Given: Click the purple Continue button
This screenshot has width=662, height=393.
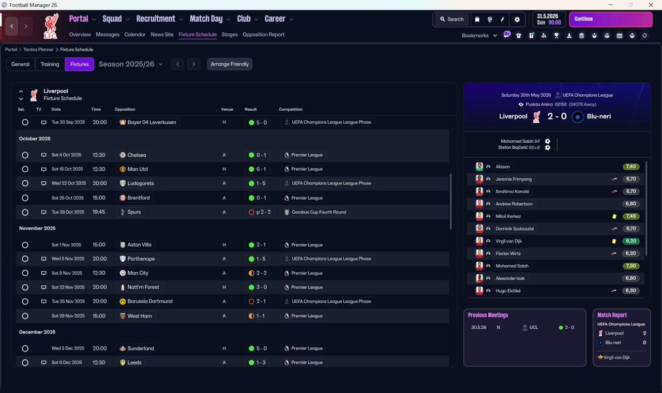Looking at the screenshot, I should click(610, 19).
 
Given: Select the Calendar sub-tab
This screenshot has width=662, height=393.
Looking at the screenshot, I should click(135, 35).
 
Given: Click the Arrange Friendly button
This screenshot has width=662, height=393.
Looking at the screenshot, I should click(230, 64).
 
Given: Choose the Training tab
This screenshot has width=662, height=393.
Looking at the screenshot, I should click(50, 64).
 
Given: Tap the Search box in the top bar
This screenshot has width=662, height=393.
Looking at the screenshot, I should click(452, 19).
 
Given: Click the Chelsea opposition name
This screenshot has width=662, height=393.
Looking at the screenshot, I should click(137, 155).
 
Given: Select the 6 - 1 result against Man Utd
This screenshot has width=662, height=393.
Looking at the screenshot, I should click(258, 169).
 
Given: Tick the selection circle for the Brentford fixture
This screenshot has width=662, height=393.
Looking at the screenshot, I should click(25, 198).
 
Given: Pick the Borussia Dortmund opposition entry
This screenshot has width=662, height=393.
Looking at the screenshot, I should click(149, 301).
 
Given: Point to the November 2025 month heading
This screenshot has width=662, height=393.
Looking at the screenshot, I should click(37, 228).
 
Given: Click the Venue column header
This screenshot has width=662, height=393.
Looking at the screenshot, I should click(227, 110).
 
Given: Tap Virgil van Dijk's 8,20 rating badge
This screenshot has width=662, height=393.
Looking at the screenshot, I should click(631, 241).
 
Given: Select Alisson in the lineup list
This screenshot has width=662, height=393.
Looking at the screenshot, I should click(502, 167).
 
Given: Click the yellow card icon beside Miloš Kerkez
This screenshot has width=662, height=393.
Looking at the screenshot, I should click(614, 216).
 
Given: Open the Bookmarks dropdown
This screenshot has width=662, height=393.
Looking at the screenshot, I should click(479, 36).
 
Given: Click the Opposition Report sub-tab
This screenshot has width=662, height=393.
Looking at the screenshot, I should click(263, 35).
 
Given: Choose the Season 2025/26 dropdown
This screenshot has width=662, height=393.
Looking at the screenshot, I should click(130, 64).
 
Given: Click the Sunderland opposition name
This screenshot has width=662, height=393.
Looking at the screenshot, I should click(140, 349).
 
